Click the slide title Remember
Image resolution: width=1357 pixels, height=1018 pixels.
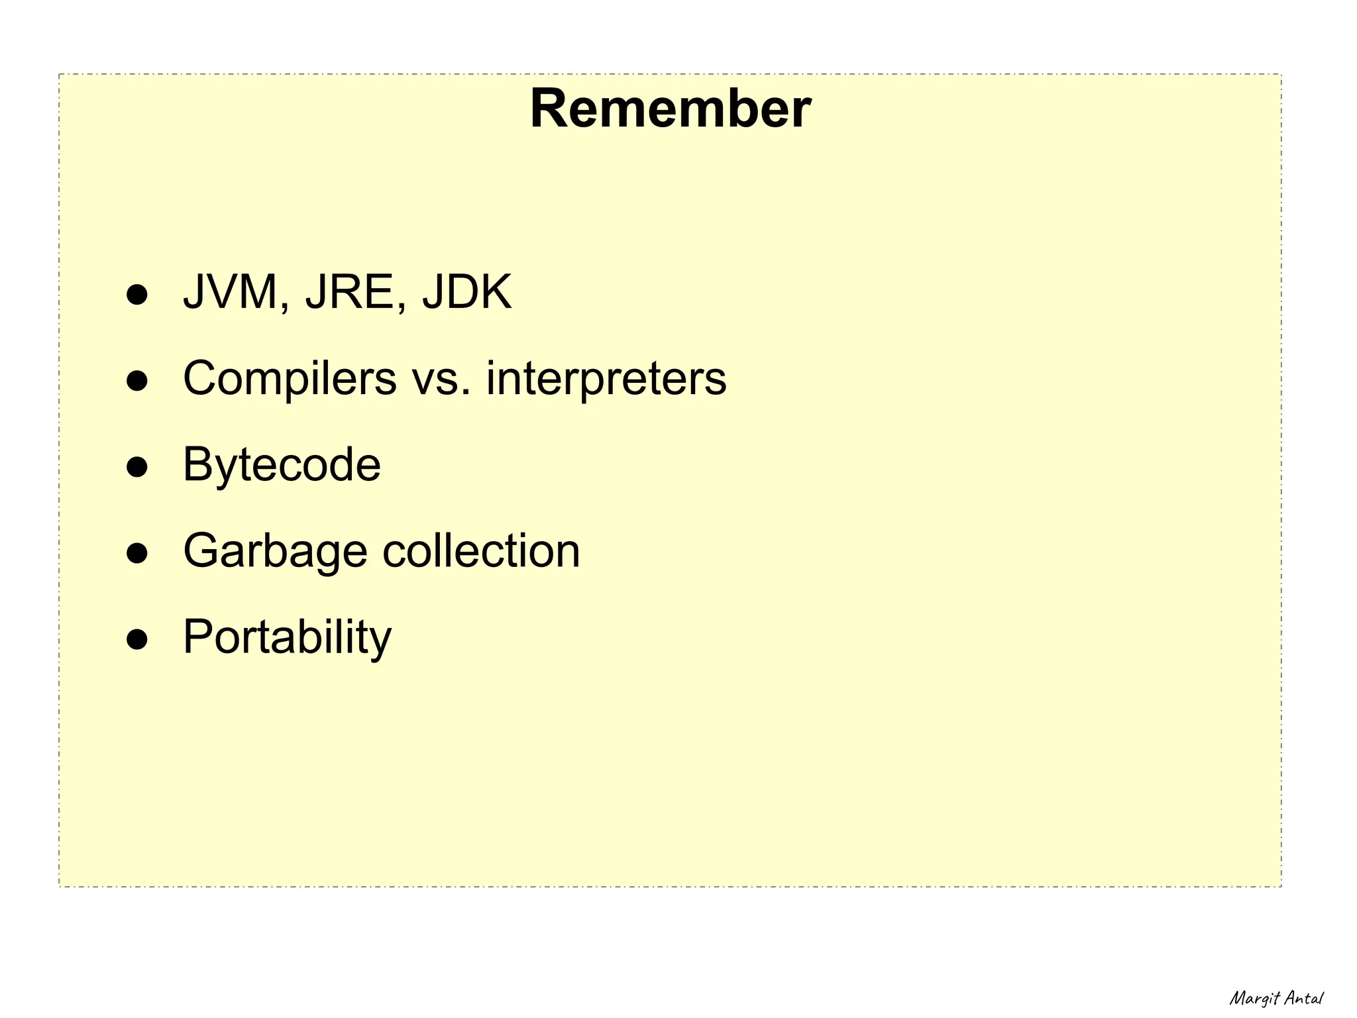pyautogui.click(x=670, y=109)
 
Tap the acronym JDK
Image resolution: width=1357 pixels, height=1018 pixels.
pyautogui.click(x=467, y=292)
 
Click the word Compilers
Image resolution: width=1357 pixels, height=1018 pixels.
pyautogui.click(x=290, y=379)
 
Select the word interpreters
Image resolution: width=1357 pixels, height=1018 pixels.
pyautogui.click(x=606, y=379)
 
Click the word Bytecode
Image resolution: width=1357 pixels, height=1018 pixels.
pyautogui.click(x=282, y=465)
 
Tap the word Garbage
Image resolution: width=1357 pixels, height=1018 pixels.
pyautogui.click(x=275, y=551)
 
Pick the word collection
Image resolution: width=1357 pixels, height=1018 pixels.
pyautogui.click(x=481, y=551)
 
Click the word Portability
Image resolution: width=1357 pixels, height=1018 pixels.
pyautogui.click(x=287, y=637)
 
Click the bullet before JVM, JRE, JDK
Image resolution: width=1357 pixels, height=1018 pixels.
pyautogui.click(x=137, y=295)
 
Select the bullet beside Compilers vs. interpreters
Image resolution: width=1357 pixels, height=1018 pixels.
pyautogui.click(x=137, y=381)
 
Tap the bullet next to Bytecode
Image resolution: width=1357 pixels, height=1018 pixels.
pyautogui.click(x=137, y=467)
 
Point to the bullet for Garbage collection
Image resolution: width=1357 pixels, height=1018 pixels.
pyautogui.click(x=137, y=553)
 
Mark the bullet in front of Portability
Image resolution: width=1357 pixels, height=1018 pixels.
pyautogui.click(x=137, y=639)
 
